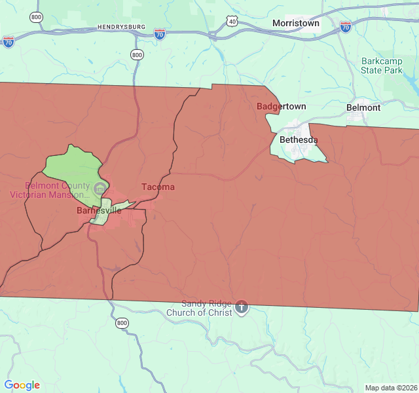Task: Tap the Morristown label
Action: pos(296,23)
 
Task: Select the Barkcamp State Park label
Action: pos(382,65)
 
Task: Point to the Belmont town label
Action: pos(363,107)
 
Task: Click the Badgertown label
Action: pos(281,106)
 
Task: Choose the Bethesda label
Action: pos(299,140)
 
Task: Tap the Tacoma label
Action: pos(158,187)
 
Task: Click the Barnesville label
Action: pos(99,211)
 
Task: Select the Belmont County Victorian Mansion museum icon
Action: pos(100,189)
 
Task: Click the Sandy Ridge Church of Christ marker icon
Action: pos(242,306)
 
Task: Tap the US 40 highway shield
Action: pos(232,22)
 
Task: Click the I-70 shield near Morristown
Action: pos(345,26)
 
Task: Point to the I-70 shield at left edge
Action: pos(8,42)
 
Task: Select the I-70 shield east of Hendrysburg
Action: pos(160,33)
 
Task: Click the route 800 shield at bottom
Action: pos(122,323)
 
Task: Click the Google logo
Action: pos(22,385)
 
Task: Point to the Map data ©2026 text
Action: pos(390,388)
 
